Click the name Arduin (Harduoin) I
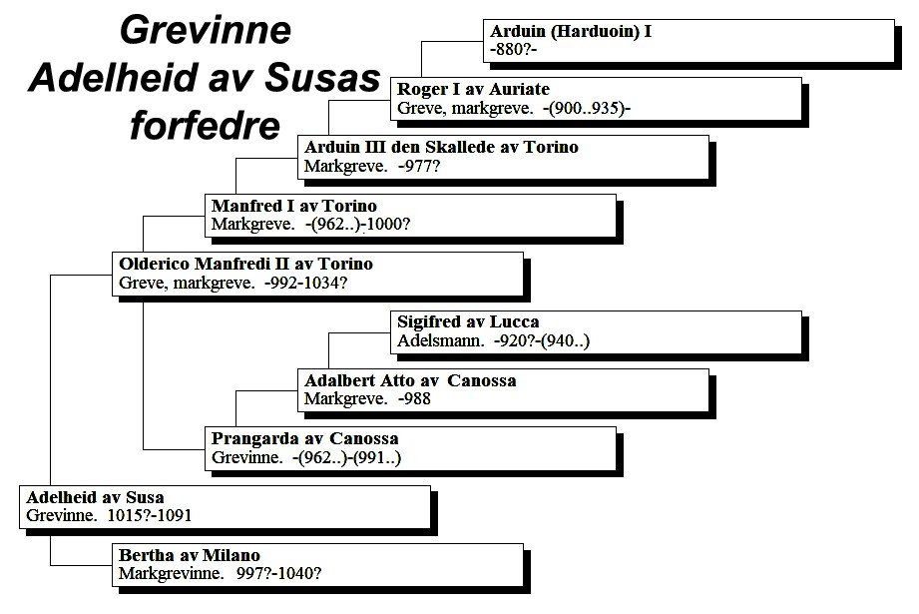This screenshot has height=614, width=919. click(x=571, y=31)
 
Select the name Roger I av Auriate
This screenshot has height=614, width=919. click(x=474, y=89)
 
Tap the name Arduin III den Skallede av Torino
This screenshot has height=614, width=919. click(x=441, y=147)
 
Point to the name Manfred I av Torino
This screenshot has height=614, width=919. click(x=294, y=206)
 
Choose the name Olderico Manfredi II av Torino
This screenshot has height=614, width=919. click(x=246, y=264)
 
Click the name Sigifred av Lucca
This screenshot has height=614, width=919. click(x=468, y=321)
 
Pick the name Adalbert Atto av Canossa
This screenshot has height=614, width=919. click(x=410, y=380)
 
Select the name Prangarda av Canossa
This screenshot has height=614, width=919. click(x=304, y=438)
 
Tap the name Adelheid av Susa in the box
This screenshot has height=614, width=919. click(x=95, y=497)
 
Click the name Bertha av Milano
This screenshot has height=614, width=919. click(x=190, y=555)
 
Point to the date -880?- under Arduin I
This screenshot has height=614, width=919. click(x=514, y=49)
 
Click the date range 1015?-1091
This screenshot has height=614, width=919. click(x=150, y=515)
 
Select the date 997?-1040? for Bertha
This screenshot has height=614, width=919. click(x=279, y=573)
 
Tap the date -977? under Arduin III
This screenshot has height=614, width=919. click(x=418, y=166)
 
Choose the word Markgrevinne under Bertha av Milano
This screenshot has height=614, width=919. click(x=172, y=573)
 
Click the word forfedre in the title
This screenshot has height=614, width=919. click(x=206, y=126)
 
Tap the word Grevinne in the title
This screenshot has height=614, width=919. click(x=206, y=31)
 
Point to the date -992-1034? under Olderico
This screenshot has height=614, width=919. click(x=305, y=283)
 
